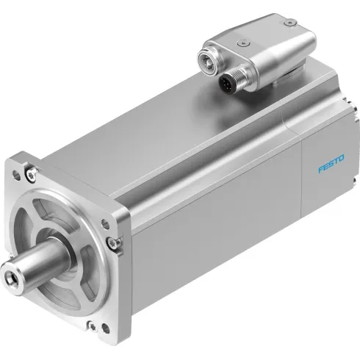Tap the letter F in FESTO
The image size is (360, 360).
coord(321,170)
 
